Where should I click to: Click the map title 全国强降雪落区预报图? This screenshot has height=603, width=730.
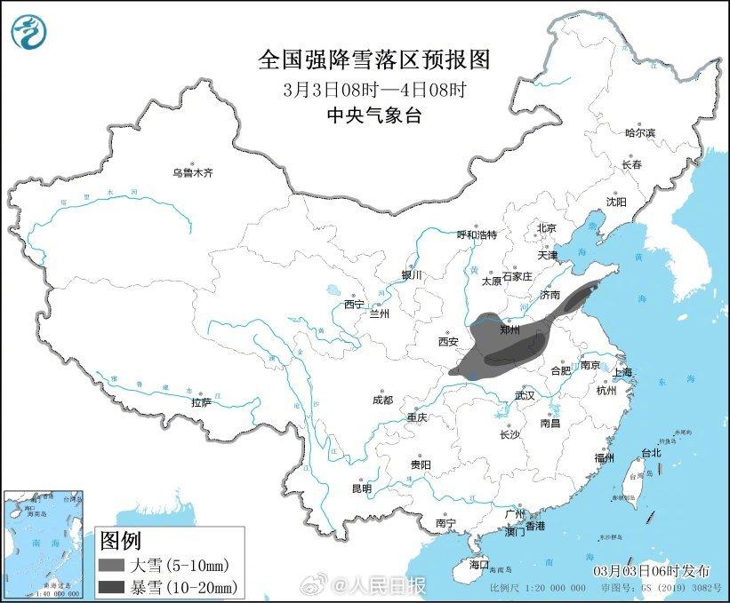pos(374,60)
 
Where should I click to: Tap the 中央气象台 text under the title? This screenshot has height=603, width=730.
pos(374,114)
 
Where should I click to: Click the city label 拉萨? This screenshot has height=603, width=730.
pos(201,402)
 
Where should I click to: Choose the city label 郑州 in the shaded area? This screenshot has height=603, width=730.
pos(509,329)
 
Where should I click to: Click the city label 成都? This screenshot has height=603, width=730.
pos(384,400)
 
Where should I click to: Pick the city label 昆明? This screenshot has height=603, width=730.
pos(361,488)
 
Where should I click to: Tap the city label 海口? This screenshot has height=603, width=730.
pos(479,563)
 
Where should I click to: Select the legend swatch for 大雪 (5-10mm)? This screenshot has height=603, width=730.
pos(115,564)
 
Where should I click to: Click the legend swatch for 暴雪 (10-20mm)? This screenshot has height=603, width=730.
pos(115,586)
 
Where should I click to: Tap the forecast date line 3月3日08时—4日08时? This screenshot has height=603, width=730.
pos(374,89)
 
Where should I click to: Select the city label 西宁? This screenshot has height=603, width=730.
pos(354,305)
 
